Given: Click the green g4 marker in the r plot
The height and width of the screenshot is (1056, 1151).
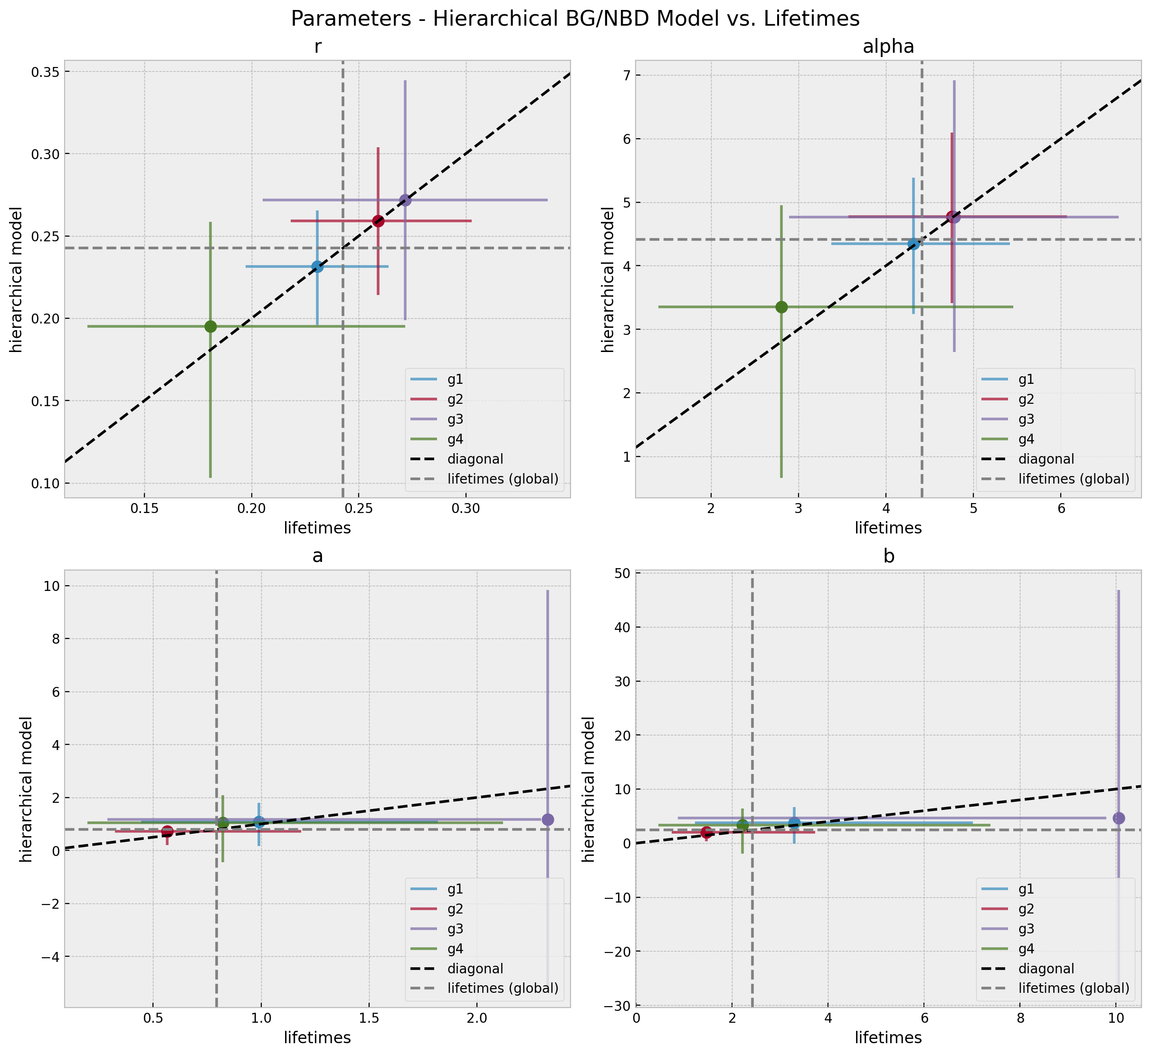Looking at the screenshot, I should [210, 326].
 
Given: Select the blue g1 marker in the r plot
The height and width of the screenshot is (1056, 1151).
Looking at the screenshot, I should [317, 267].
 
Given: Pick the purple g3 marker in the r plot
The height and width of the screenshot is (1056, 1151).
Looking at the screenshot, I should [405, 200].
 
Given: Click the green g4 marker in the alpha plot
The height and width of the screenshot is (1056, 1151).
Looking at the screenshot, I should [781, 307].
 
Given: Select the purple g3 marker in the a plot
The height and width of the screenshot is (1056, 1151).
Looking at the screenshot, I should [548, 819].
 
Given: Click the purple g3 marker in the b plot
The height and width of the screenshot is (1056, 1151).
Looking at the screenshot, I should [1118, 818].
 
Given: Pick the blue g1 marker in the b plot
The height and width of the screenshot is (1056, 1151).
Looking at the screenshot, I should [794, 823].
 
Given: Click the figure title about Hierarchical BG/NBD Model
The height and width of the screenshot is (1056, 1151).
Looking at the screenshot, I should [575, 19].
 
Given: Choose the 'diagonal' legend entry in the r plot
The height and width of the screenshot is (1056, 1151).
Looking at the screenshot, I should [475, 459].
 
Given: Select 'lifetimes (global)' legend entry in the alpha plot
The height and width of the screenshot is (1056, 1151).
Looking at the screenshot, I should [1074, 479].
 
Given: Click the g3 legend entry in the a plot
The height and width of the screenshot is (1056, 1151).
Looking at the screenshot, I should [455, 929].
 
